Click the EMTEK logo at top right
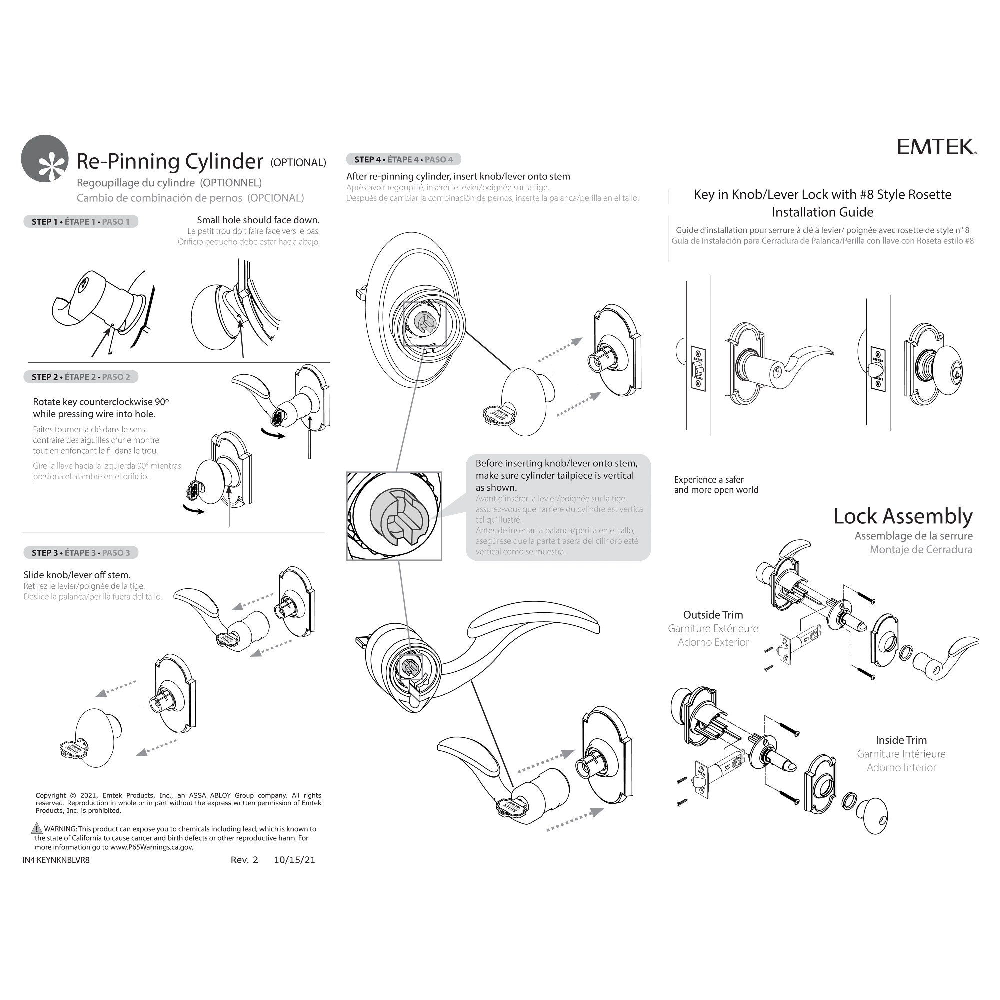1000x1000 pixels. (936, 147)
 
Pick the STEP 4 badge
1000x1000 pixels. (403, 160)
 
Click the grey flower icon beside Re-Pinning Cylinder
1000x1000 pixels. (45, 159)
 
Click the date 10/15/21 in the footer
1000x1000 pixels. (294, 860)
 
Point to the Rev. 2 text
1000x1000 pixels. (244, 860)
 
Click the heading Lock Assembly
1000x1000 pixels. (902, 516)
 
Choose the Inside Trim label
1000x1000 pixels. (901, 740)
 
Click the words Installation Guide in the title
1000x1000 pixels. (822, 212)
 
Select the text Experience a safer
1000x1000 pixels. (708, 480)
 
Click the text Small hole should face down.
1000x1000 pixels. (258, 220)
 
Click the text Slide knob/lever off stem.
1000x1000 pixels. (77, 575)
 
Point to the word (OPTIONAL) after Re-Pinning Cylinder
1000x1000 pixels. (298, 163)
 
